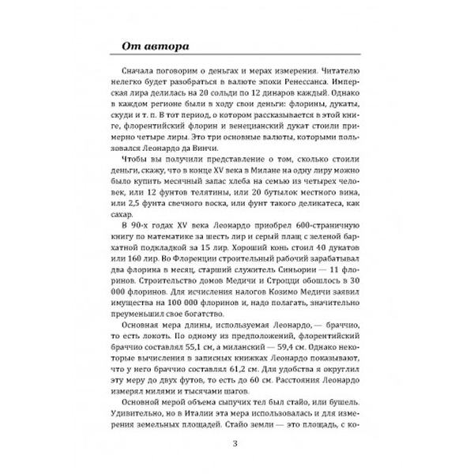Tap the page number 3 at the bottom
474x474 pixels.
point(236,442)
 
